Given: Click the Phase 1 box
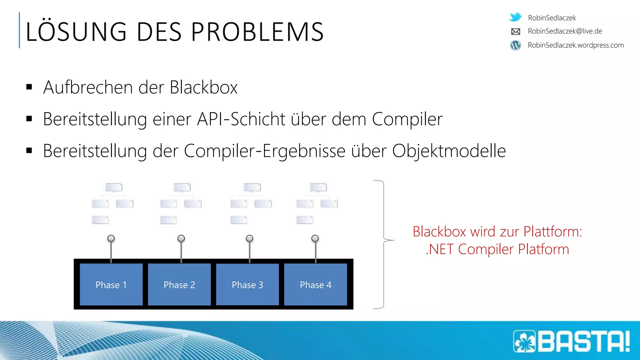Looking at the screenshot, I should point(111,284).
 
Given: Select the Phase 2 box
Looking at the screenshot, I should point(179,284).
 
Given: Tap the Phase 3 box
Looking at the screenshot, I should point(247,284).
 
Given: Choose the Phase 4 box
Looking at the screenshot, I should point(316,284).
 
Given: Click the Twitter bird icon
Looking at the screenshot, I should point(515,17).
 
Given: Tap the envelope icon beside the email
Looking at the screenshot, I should point(516,31).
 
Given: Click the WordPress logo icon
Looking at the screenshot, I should point(516,45).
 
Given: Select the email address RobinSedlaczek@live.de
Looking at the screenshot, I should point(565,31).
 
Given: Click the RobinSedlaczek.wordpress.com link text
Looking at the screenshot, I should point(576,45).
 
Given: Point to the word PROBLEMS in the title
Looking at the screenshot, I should point(257,32).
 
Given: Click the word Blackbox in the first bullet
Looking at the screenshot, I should point(204,87).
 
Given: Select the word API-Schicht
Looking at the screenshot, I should point(241,119).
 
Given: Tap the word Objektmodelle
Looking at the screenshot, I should point(449,151).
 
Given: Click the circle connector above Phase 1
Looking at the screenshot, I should point(111,238).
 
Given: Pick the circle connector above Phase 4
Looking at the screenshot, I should point(315,238).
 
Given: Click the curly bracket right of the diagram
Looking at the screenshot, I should point(384,244).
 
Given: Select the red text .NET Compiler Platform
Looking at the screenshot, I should point(497,249).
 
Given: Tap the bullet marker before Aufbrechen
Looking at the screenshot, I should point(29,87).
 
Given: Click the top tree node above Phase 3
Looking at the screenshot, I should point(252,187).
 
